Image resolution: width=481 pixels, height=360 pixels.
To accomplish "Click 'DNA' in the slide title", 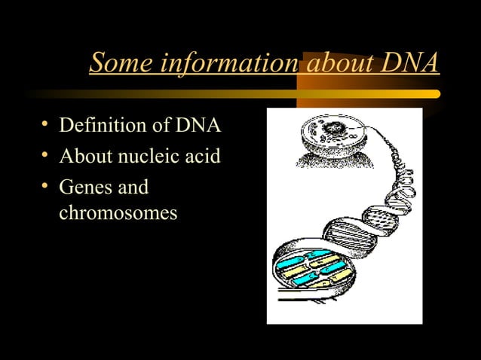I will coord(408,63).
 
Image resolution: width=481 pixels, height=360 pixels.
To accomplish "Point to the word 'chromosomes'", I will coord(118,214).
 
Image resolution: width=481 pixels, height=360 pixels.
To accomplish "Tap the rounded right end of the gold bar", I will coord(436,94).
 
